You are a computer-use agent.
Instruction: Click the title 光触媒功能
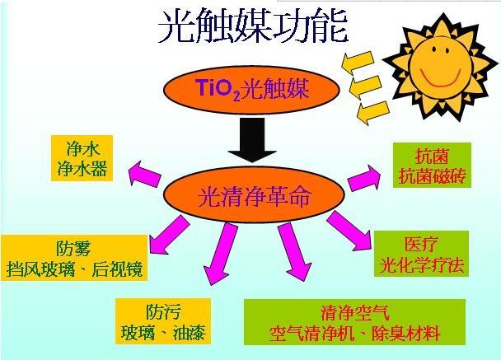(x=253, y=27)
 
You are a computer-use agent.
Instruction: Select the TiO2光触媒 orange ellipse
(x=251, y=90)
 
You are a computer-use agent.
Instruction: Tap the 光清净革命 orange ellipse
(x=254, y=195)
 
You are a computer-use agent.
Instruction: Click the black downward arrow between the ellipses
(x=252, y=140)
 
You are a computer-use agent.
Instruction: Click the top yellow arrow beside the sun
(x=358, y=62)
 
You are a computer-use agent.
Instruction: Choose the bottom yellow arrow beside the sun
(x=372, y=113)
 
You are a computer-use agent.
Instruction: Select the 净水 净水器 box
(x=82, y=158)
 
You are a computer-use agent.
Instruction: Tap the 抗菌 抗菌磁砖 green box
(x=432, y=165)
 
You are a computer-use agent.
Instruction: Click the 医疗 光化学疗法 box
(x=421, y=254)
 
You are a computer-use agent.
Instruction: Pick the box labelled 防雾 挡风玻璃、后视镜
(x=74, y=258)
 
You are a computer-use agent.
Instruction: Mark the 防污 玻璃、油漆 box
(x=163, y=321)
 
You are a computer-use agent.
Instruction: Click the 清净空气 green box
(x=354, y=322)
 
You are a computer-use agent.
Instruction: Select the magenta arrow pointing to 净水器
(x=144, y=175)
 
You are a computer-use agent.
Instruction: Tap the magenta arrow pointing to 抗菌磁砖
(x=364, y=178)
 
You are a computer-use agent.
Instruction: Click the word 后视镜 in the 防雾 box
(x=117, y=269)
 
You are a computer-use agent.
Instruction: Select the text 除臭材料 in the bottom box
(x=405, y=334)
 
